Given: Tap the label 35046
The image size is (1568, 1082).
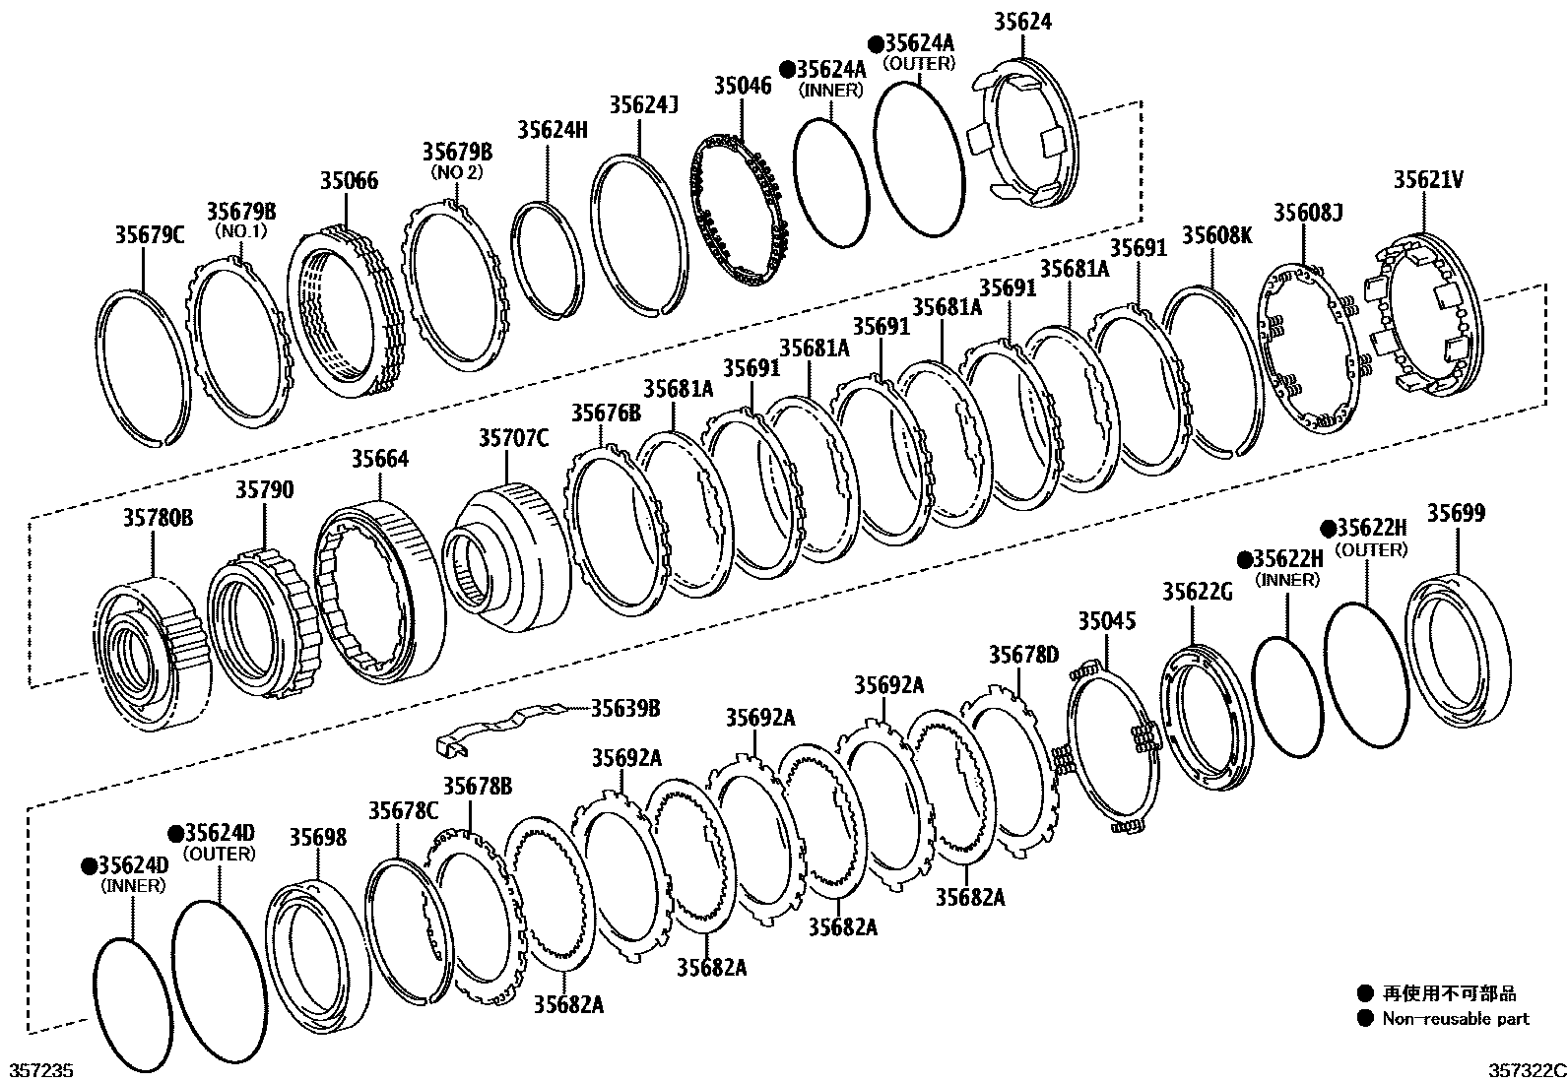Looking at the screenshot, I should coord(743,85).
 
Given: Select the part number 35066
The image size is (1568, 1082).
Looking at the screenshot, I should coord(349,180).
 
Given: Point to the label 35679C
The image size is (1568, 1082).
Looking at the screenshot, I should coord(150,234).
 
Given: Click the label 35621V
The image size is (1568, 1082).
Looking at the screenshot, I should coord(1427,180).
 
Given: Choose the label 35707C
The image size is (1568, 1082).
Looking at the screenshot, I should coord(514,438).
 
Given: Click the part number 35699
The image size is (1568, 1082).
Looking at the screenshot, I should coord(1456,513).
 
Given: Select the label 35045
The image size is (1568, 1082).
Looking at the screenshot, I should coord(1106,621).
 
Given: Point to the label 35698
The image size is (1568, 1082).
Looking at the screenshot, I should coord(317,837).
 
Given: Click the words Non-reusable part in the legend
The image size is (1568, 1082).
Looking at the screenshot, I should coord(1456,1019).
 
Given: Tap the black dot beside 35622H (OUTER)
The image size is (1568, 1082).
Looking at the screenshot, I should coord(1328,529).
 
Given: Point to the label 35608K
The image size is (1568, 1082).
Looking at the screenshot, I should coord(1217,235).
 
